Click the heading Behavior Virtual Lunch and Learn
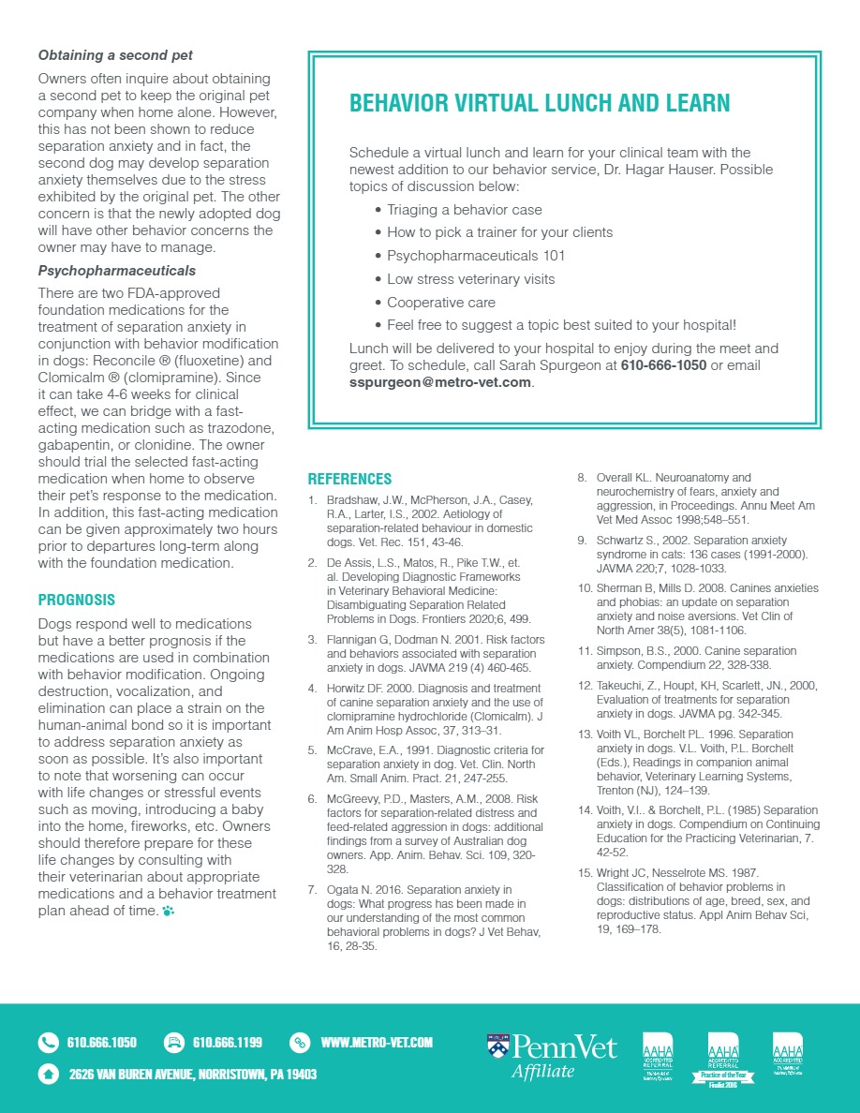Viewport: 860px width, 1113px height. pos(539,104)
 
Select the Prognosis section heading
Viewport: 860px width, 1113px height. pos(77,600)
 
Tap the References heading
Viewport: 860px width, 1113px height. pos(349,479)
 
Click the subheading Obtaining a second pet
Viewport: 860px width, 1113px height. pos(115,55)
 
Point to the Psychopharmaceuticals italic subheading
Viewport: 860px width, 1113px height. pos(117,271)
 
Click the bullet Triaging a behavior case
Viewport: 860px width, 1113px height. pos(464,210)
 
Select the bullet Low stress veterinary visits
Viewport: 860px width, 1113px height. pos(470,279)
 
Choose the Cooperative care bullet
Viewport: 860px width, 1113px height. pos(441,303)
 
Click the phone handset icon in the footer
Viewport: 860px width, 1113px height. pos(48,1042)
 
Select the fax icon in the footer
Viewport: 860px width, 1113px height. pos(173,1042)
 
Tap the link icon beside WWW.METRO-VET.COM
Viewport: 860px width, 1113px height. pos(300,1042)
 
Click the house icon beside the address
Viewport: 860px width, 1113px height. pos(48,1074)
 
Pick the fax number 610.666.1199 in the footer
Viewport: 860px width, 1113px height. pos(227,1042)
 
